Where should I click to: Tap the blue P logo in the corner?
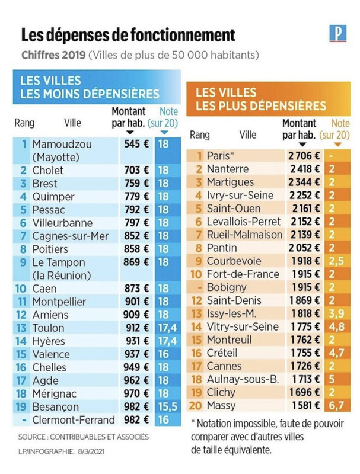[x=337, y=34]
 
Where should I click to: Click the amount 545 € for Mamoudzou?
[x=136, y=143]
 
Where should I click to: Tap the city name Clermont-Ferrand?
[x=74, y=419]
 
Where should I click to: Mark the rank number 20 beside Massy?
[x=197, y=406]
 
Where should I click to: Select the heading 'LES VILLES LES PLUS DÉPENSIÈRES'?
[x=260, y=100]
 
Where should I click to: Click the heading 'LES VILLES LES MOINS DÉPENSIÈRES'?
[x=89, y=87]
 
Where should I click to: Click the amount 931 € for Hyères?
[x=136, y=341]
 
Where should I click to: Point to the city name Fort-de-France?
[x=243, y=274]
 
